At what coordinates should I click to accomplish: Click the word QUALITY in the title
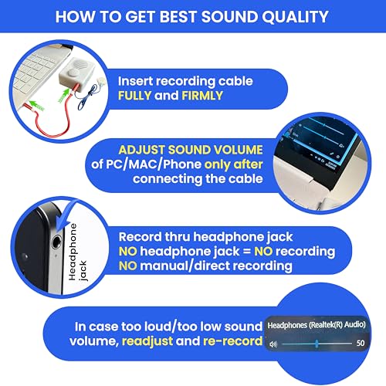[290, 17]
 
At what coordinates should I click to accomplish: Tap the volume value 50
[360, 343]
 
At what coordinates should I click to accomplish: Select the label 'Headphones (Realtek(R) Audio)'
[317, 325]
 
